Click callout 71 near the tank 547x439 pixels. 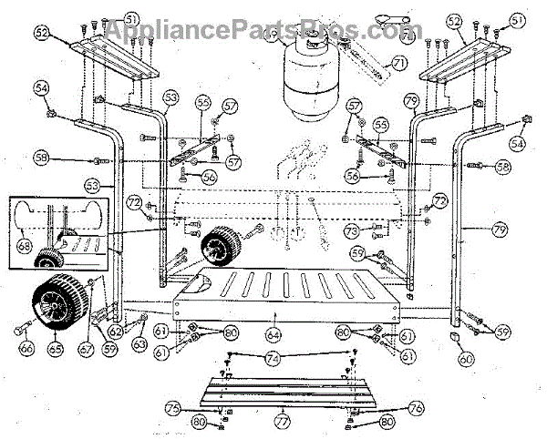click(x=397, y=64)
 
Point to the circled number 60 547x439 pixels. click(x=467, y=360)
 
